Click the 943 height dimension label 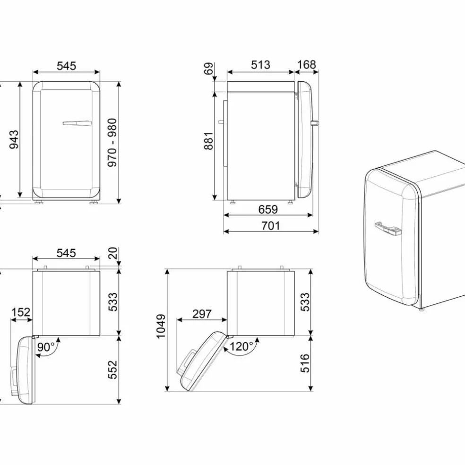(14, 139)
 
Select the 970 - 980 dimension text (112, 142)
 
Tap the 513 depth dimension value (261, 65)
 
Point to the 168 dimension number (306, 64)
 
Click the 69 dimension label (209, 69)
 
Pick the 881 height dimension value (209, 141)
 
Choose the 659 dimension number (268, 209)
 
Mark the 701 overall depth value (271, 226)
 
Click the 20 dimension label (113, 253)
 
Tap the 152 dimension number (21, 312)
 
